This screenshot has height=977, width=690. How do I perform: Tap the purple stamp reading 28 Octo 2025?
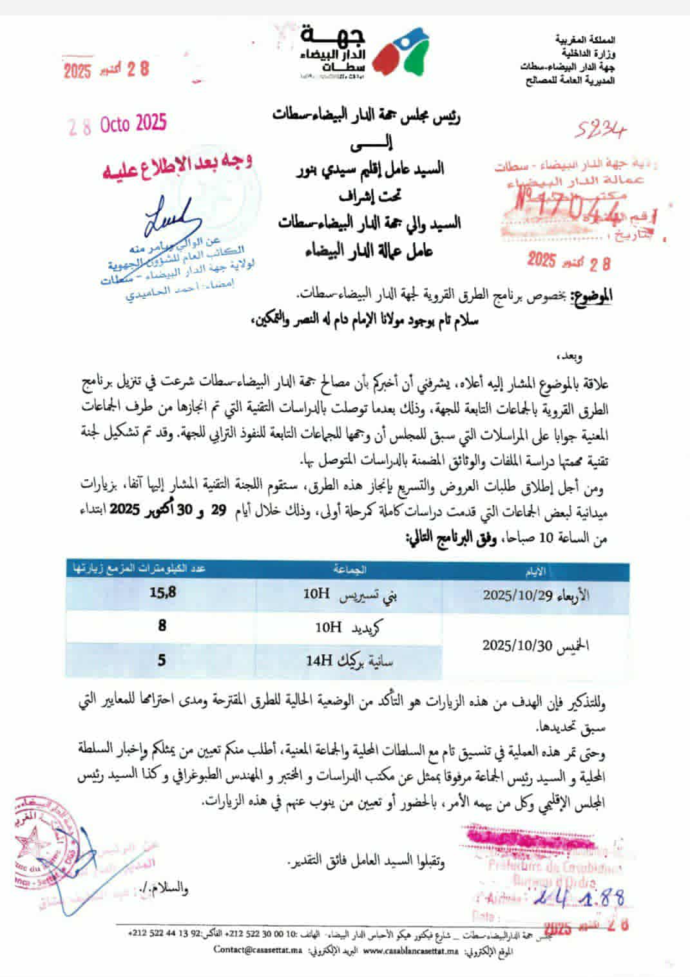118,124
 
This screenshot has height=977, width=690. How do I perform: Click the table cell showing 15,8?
162,593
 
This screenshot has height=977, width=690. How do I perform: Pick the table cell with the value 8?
162,625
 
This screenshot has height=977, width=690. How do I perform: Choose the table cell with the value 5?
162,659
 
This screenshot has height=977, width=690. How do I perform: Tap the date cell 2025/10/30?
535,645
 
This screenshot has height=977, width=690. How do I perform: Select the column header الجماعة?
349,569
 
